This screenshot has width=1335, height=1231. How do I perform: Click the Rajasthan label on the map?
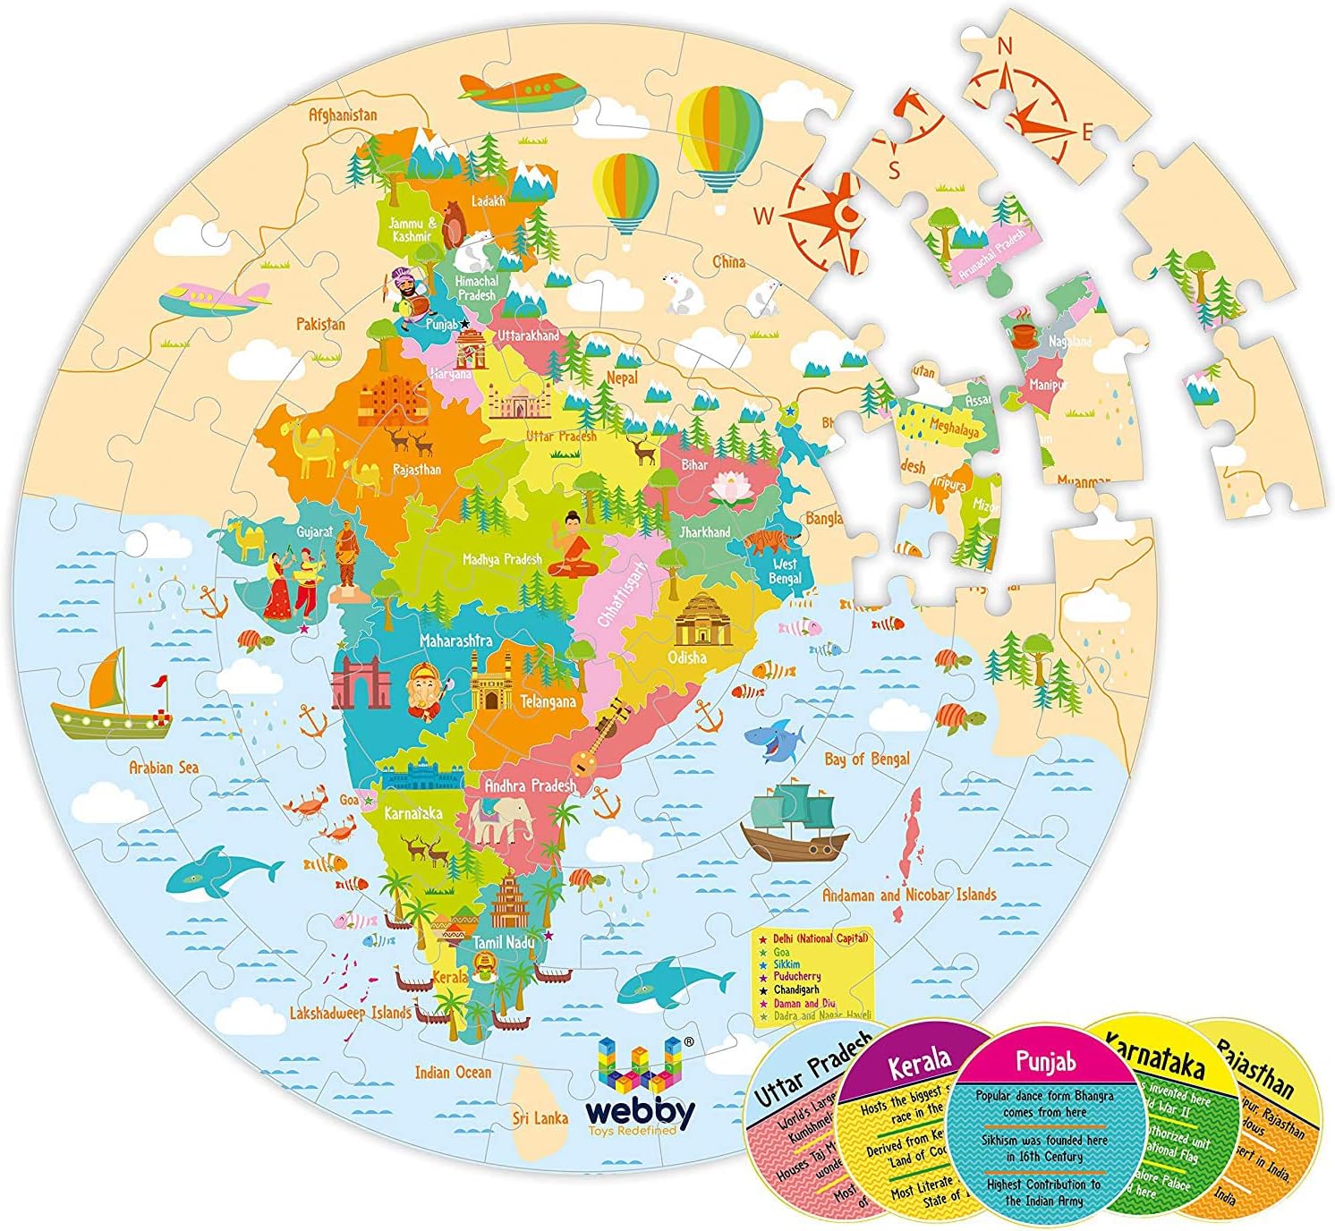pos(416,469)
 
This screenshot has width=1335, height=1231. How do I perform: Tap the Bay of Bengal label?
pos(866,759)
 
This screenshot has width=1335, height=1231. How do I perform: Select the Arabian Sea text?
pos(164,767)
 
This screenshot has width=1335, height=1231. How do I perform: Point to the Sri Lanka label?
pos(540,1117)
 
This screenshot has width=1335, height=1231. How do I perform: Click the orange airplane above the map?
pos(522,91)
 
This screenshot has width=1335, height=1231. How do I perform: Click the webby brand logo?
pos(641,1087)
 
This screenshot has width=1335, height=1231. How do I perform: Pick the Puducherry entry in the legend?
pos(797,977)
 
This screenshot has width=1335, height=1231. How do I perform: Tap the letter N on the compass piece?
pos(1005,46)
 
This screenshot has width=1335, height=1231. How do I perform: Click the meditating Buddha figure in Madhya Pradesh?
pos(571,545)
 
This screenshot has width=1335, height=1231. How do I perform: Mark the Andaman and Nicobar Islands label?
pos(908,895)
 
